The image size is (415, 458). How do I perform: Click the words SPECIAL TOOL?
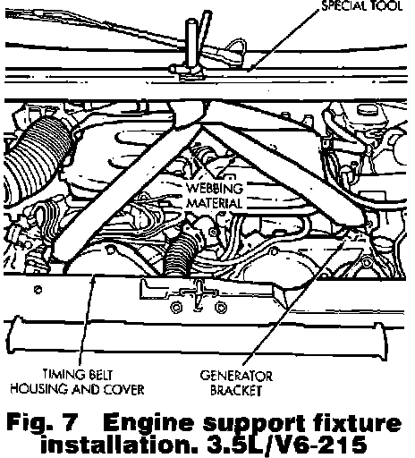pyautogui.click(x=362, y=6)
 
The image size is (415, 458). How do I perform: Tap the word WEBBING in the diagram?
pyautogui.click(x=215, y=189)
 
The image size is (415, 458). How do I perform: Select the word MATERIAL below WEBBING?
pyautogui.click(x=215, y=203)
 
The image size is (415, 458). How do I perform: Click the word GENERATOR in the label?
pyautogui.click(x=236, y=376)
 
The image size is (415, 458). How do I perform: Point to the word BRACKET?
pyautogui.click(x=236, y=390)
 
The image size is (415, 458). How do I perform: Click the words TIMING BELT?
pyautogui.click(x=77, y=375)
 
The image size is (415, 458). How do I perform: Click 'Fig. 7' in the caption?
pyautogui.click(x=42, y=422)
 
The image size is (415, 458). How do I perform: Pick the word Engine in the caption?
pyautogui.click(x=148, y=423)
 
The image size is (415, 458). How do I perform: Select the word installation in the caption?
pyautogui.click(x=119, y=445)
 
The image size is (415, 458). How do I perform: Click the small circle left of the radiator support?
pyautogui.click(x=38, y=289)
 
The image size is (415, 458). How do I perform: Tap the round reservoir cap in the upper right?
pyautogui.click(x=368, y=110)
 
